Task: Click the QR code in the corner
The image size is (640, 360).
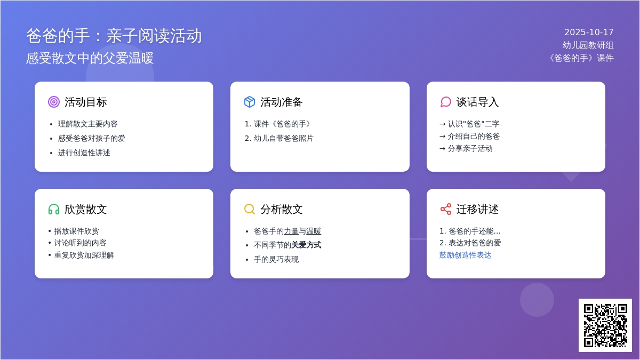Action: [605, 325]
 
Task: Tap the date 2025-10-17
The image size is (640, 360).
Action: [589, 32]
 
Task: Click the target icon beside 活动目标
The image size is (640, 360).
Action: [54, 102]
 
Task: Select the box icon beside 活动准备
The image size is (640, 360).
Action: [250, 102]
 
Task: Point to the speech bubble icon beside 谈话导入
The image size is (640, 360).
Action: [446, 102]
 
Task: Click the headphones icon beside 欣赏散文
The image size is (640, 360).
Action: [54, 209]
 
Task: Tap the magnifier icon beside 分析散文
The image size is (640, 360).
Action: [250, 209]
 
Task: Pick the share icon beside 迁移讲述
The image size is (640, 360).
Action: [446, 209]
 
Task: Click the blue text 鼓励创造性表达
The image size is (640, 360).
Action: [465, 255]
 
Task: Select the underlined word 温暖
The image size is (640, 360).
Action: [314, 231]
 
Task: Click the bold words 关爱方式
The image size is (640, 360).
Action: [306, 245]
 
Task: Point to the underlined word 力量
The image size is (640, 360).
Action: [291, 231]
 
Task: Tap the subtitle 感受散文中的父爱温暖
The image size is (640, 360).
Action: [90, 58]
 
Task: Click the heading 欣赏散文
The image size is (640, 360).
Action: [85, 209]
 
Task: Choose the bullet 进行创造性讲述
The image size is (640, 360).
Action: [84, 153]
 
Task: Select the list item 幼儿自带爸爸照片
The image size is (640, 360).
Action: [284, 138]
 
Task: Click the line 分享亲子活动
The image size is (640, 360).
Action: [470, 148]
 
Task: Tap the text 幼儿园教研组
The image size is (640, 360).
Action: [588, 45]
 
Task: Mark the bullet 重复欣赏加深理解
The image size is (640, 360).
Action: [84, 255]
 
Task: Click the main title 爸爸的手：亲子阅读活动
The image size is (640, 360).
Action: [114, 36]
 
